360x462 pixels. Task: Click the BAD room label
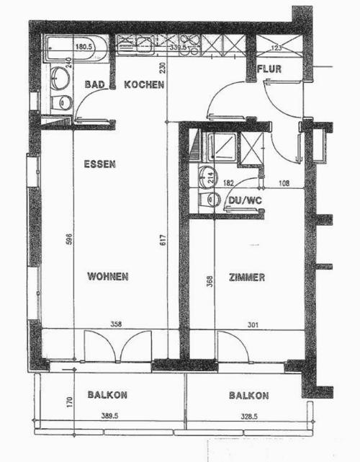pyautogui.click(x=94, y=84)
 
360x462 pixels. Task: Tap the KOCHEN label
pyautogui.click(x=144, y=84)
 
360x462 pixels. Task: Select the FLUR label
pyautogui.click(x=269, y=69)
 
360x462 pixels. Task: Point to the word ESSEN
pyautogui.click(x=100, y=164)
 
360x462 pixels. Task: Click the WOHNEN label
pyautogui.click(x=108, y=276)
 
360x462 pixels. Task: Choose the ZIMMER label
pyautogui.click(x=247, y=277)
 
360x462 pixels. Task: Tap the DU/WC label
pyautogui.click(x=246, y=200)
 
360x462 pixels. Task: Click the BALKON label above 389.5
pyautogui.click(x=107, y=394)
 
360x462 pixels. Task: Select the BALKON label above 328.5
pyautogui.click(x=249, y=395)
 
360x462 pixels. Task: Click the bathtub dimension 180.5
pyautogui.click(x=84, y=47)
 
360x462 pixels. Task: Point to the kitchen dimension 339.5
pyautogui.click(x=177, y=47)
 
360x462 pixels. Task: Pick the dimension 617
pyautogui.click(x=163, y=240)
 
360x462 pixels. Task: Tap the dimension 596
pyautogui.click(x=68, y=240)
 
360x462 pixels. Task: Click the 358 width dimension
pyautogui.click(x=116, y=324)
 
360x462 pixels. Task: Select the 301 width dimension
pyautogui.click(x=253, y=324)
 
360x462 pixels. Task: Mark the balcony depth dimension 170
pyautogui.click(x=69, y=402)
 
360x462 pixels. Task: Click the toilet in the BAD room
pyautogui.click(x=61, y=102)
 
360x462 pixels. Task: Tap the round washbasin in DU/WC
pyautogui.click(x=207, y=177)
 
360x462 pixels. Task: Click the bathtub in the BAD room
pyautogui.click(x=75, y=48)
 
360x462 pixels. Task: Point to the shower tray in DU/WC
pyautogui.click(x=222, y=147)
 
